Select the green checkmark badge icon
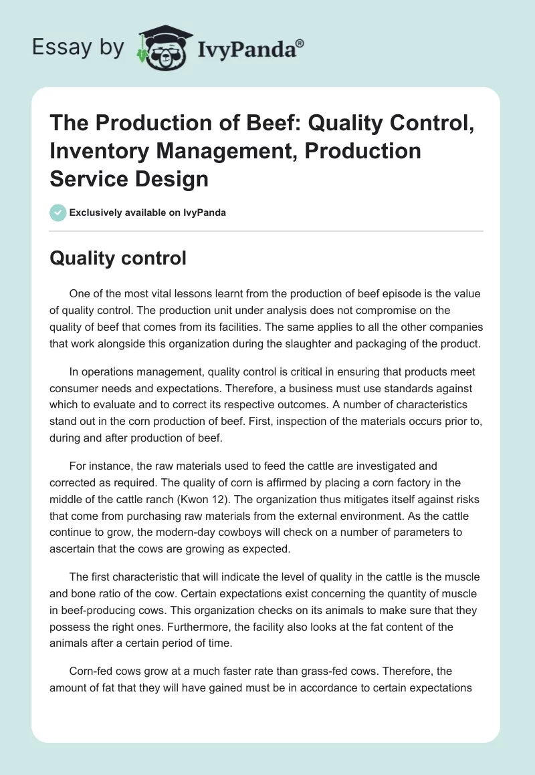point(58,213)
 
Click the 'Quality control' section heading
point(118,259)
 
